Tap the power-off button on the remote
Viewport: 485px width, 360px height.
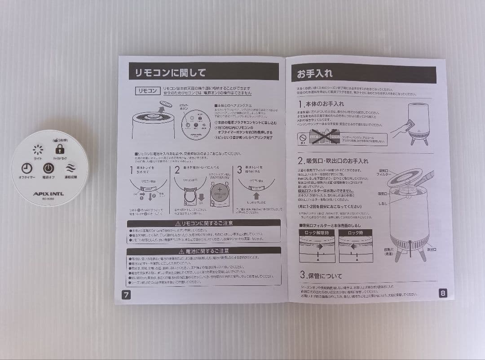[48, 169]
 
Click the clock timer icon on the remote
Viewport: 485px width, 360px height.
[27, 168]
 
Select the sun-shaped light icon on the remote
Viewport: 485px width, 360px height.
[38, 149]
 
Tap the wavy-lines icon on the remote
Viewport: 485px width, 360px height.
[71, 168]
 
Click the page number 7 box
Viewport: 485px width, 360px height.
[126, 295]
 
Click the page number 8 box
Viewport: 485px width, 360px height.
[442, 293]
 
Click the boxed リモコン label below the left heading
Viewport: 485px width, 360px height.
[147, 91]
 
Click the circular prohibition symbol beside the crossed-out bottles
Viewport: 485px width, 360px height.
[304, 135]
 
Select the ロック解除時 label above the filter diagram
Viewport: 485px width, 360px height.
[316, 233]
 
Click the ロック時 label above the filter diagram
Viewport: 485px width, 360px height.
[356, 233]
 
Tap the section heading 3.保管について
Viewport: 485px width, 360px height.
[321, 275]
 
